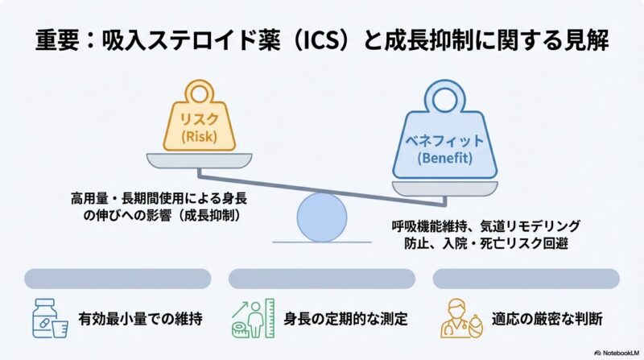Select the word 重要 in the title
coord(57,39)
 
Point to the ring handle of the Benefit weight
coord(440,97)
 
